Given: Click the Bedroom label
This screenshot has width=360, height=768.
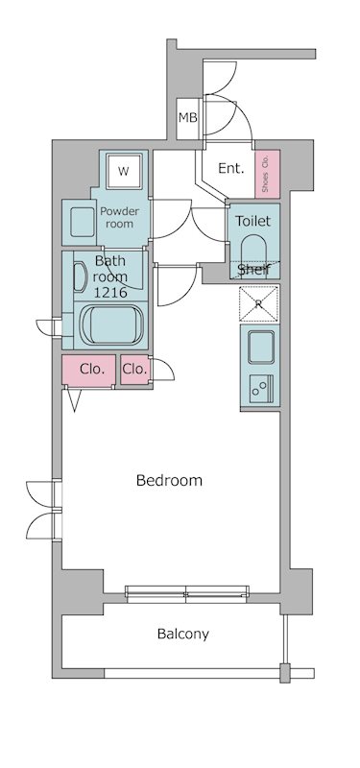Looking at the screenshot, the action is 169,480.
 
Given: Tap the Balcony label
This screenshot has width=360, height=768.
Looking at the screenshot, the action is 182,634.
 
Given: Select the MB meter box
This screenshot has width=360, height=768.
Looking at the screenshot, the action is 187,118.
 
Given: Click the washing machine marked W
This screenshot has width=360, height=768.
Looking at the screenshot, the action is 125,171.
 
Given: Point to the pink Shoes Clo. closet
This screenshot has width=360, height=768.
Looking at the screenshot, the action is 268,174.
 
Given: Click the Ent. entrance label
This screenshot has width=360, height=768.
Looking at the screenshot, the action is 230,169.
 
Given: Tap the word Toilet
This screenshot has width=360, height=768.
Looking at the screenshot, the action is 252,221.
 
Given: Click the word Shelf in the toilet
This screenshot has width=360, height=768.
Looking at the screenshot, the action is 254,270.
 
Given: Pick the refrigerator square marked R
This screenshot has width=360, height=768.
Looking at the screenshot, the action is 258,303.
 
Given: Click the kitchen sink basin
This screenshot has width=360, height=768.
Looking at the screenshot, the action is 260,347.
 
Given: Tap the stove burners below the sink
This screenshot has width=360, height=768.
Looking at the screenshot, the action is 261,389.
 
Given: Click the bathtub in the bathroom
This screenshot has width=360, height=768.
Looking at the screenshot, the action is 113,325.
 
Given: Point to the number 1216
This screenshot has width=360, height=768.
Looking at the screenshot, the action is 111,293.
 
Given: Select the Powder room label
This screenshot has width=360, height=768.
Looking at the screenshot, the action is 119,218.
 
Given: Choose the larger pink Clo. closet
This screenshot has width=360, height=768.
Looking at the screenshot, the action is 88,371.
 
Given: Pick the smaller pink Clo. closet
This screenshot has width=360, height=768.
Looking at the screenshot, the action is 134,370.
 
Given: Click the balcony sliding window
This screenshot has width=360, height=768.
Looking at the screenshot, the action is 186,593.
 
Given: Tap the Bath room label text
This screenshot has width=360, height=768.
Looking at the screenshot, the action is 110,269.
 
